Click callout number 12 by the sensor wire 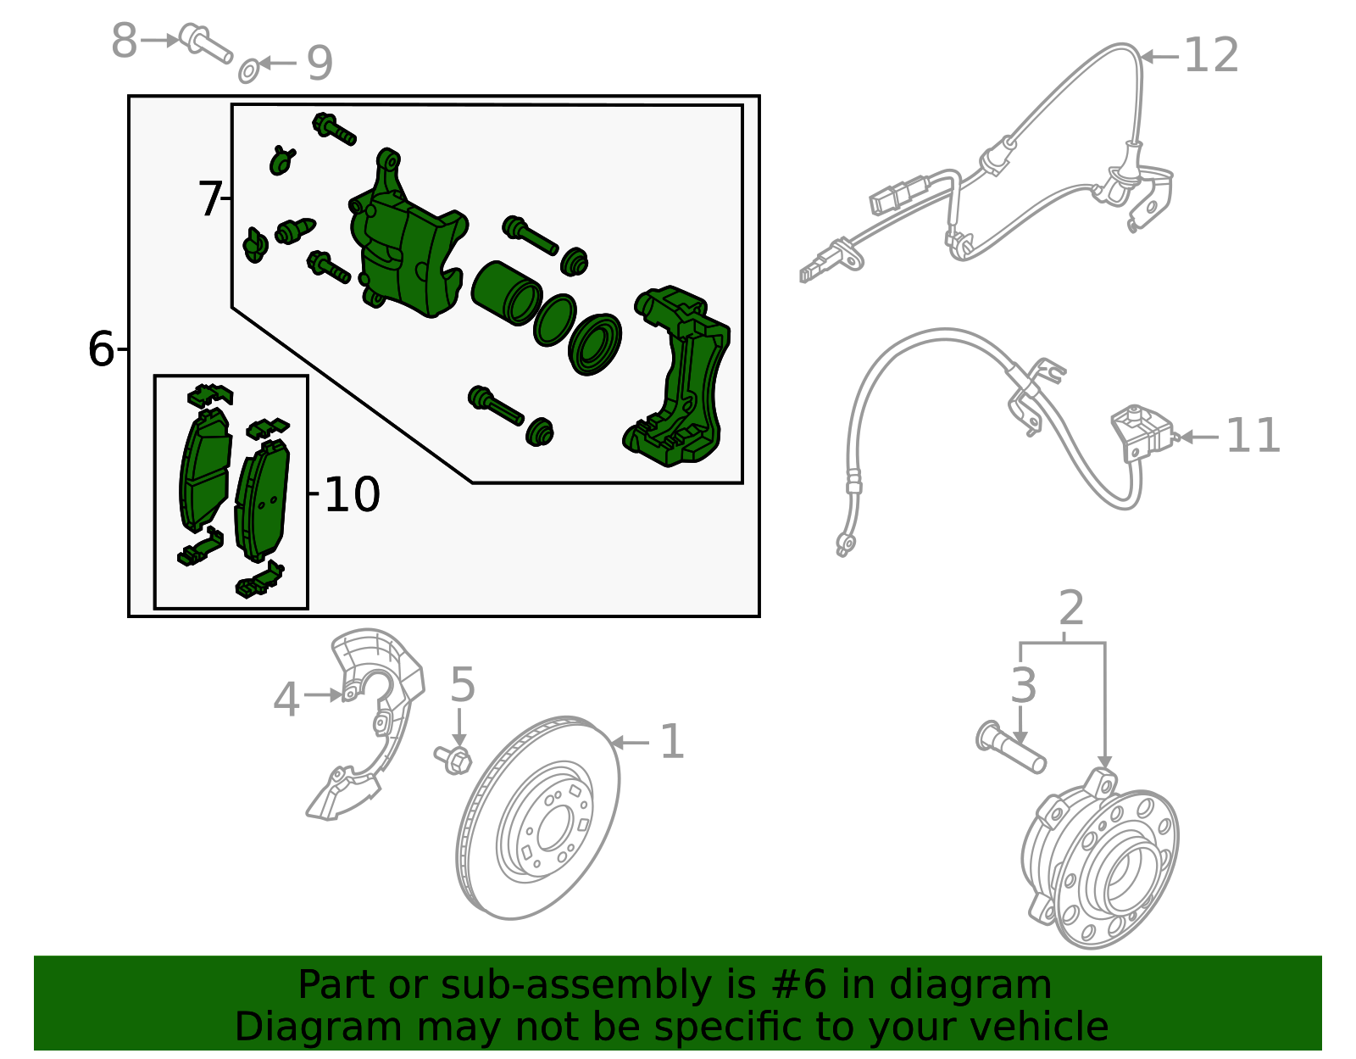tap(1210, 56)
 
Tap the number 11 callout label tap(1253, 437)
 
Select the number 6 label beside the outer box tap(101, 349)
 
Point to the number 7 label tap(209, 199)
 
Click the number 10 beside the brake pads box tap(352, 494)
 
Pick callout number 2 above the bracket tap(1071, 609)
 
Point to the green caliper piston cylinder tap(505, 293)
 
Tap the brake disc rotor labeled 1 tap(538, 818)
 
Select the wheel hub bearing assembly tap(1102, 861)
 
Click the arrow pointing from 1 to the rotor tap(629, 743)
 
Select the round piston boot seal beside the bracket tap(595, 344)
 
